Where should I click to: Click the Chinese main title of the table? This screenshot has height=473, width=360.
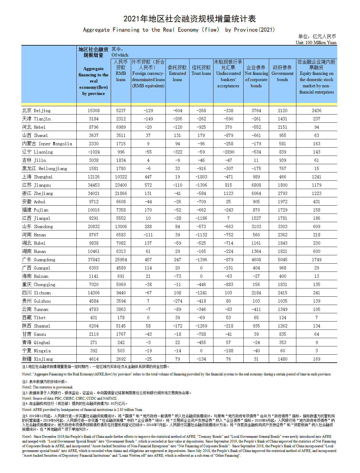[189, 19]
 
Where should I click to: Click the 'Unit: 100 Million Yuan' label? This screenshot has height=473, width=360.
[316, 43]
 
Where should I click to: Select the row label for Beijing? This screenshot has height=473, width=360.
[36, 110]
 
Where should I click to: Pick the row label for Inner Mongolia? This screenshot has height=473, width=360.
[47, 143]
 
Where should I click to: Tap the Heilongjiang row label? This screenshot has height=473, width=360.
[45, 168]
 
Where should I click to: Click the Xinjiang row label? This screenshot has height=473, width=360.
[38, 359]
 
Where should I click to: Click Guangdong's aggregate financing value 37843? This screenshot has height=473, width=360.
[94, 259]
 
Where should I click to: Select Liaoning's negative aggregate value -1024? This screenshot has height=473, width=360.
[94, 152]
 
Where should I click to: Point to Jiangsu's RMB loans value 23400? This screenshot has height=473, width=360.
[121, 185]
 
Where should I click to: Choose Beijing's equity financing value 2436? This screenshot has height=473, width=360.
[316, 110]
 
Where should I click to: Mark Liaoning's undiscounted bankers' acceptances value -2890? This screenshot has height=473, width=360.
[228, 152]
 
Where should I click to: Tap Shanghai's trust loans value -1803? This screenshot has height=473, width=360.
[201, 177]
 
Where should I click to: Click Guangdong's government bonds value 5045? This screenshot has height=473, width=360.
[282, 259]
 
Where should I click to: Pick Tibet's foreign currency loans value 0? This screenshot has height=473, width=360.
[148, 317]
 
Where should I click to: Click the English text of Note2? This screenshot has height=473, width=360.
[47, 387]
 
